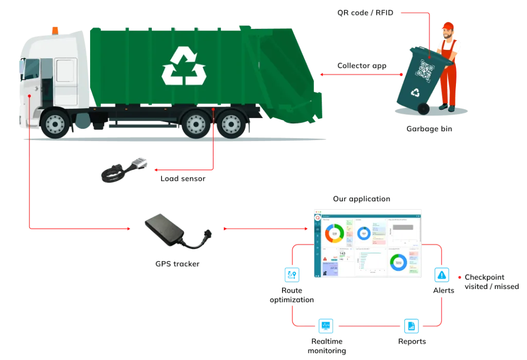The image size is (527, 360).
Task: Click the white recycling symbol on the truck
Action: point(184,65)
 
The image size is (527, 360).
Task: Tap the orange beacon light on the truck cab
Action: point(55,30)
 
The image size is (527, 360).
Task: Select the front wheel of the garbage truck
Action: point(55,123)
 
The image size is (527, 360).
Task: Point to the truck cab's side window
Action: point(32,72)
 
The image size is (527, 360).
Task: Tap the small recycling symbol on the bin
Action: point(415,93)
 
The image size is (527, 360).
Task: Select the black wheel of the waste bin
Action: point(423,109)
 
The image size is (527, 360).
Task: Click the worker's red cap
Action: point(448,25)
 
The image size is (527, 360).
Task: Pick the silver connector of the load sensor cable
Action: point(138,164)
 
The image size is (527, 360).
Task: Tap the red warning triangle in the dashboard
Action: point(325,258)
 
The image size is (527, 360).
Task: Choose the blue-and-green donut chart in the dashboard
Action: point(398,262)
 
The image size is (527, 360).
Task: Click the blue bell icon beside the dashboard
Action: point(443,274)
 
